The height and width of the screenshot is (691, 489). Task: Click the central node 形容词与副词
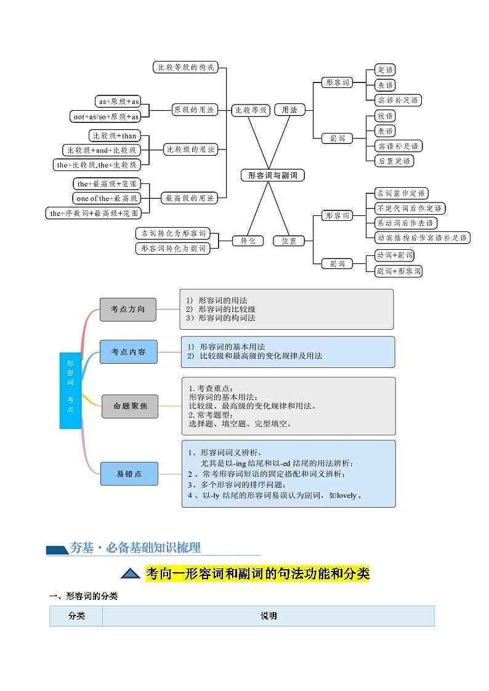(272, 175)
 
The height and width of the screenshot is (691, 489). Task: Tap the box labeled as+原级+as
(118, 102)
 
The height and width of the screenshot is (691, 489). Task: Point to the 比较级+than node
(115, 135)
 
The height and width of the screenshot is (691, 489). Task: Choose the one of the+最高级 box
(107, 198)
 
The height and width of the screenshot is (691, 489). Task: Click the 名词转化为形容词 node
(172, 233)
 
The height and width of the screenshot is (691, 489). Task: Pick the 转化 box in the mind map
(248, 241)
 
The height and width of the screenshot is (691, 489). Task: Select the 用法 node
(289, 110)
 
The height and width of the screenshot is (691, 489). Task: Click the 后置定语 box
(394, 161)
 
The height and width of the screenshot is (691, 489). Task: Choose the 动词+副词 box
(394, 255)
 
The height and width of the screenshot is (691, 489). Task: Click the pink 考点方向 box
(128, 310)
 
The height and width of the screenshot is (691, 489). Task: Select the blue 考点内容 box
(128, 351)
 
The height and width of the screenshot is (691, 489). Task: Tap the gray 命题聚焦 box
(131, 406)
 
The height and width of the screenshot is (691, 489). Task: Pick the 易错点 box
(129, 474)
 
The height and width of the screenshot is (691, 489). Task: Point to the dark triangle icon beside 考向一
(131, 574)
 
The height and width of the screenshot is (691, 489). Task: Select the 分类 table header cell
(76, 616)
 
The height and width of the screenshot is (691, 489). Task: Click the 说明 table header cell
(269, 616)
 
